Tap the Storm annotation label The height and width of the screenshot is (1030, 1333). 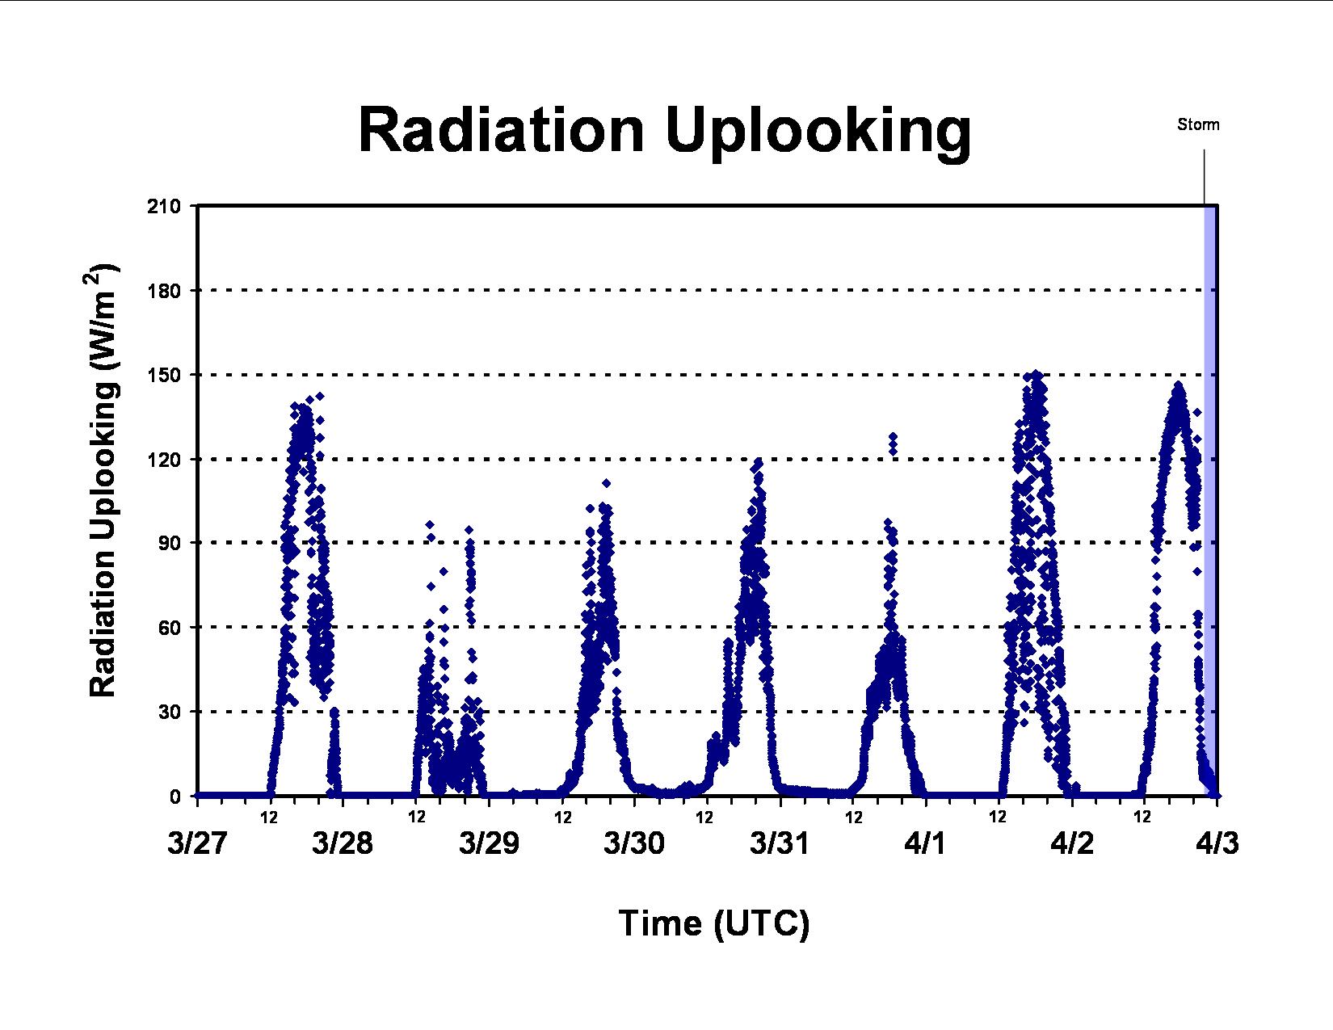coord(1198,124)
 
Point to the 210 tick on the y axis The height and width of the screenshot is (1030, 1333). coord(164,206)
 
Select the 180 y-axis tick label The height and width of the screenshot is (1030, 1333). coord(164,291)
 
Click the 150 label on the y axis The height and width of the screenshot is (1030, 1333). coord(164,375)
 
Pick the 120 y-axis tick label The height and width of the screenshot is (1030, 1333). coord(164,460)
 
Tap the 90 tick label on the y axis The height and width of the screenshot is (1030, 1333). coord(170,543)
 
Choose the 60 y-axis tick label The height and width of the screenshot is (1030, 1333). coord(170,628)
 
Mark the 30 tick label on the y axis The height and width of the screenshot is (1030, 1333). coord(170,713)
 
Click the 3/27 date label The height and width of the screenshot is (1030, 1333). coord(198,843)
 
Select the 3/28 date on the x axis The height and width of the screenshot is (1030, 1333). coord(343,843)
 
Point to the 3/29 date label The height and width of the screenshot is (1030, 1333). coord(489,843)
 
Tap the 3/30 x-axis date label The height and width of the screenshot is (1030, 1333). coord(634,843)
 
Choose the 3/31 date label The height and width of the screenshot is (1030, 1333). coord(780,843)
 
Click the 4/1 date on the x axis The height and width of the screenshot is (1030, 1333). coord(925,843)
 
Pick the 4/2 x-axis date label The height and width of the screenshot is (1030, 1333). coord(1072,843)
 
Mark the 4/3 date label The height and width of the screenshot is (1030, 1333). coord(1217,843)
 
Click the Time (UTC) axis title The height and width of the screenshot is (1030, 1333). coord(714,924)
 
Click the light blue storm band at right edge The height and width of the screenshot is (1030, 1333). coord(1211,500)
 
